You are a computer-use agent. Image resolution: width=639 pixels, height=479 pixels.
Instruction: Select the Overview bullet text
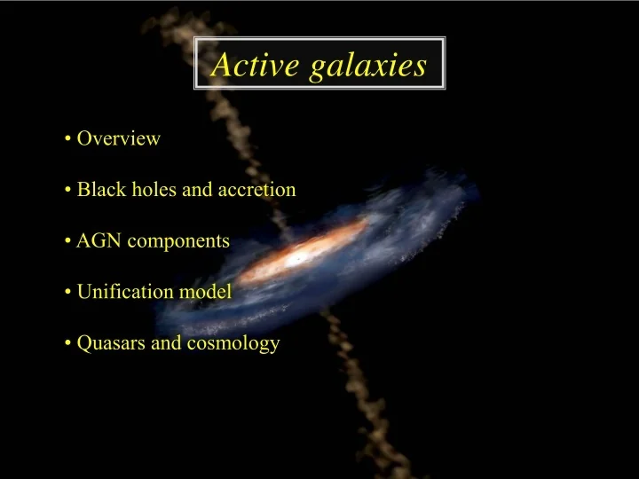coord(118,138)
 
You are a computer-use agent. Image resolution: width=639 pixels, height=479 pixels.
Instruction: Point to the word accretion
coord(256,190)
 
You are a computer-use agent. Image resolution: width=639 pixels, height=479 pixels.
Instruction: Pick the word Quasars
coord(111,343)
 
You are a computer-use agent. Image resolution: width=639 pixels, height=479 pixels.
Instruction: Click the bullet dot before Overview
coord(68,139)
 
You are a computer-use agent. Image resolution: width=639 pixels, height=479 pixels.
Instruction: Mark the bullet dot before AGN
coord(68,241)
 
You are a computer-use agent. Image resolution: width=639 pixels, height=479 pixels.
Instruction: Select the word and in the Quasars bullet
coord(166,343)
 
